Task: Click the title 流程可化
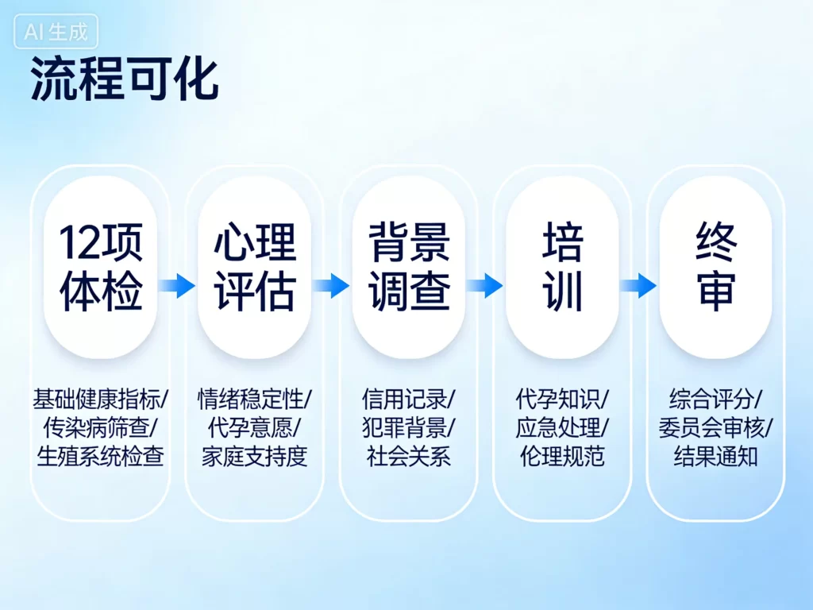124,79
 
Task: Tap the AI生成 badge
56,32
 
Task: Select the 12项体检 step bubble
100,267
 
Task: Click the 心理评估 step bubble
254,267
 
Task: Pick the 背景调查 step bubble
408,267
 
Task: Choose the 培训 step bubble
562,267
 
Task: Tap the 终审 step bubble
715,267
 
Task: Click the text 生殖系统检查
100,457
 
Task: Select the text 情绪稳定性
251,398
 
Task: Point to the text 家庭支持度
254,457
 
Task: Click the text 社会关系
408,457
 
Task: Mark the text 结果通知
715,457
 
